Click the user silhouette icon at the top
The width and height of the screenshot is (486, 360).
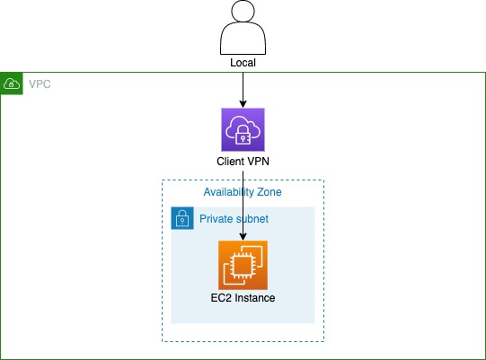click(x=243, y=30)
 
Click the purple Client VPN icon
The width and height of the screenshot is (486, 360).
click(x=243, y=129)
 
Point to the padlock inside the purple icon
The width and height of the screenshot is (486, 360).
click(x=243, y=135)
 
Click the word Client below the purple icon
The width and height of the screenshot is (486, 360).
click(x=231, y=162)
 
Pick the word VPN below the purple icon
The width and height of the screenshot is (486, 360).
click(x=258, y=162)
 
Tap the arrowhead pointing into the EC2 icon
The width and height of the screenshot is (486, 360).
click(x=243, y=236)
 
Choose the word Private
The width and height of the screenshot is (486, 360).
click(x=216, y=218)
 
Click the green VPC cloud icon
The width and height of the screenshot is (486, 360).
click(x=12, y=83)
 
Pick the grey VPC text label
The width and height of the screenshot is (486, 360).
click(x=39, y=83)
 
